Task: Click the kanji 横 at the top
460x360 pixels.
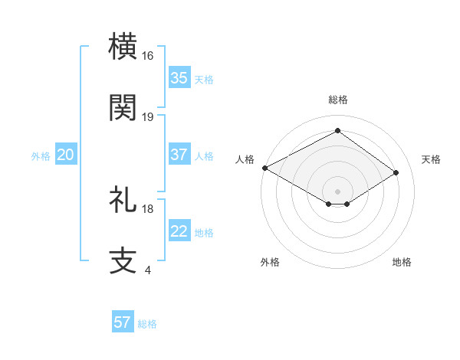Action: click(x=123, y=47)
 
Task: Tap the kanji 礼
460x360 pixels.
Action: click(x=123, y=200)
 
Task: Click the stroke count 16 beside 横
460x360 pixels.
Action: click(x=148, y=56)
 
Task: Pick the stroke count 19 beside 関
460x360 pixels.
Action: click(x=148, y=116)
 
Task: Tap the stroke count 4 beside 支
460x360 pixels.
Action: click(x=147, y=270)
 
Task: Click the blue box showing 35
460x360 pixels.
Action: click(x=179, y=78)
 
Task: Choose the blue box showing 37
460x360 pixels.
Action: click(x=179, y=155)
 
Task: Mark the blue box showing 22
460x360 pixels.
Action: click(x=179, y=231)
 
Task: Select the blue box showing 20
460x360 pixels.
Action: click(x=66, y=155)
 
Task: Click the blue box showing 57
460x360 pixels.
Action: click(x=123, y=322)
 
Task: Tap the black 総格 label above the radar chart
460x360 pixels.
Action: click(x=337, y=100)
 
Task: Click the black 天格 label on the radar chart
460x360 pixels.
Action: click(x=432, y=159)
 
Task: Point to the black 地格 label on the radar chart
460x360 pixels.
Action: click(x=402, y=262)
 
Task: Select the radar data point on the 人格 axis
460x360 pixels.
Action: click(x=264, y=168)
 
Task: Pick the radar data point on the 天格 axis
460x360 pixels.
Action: click(x=396, y=173)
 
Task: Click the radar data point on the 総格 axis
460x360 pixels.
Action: click(x=337, y=132)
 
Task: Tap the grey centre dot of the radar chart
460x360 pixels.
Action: click(x=337, y=191)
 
